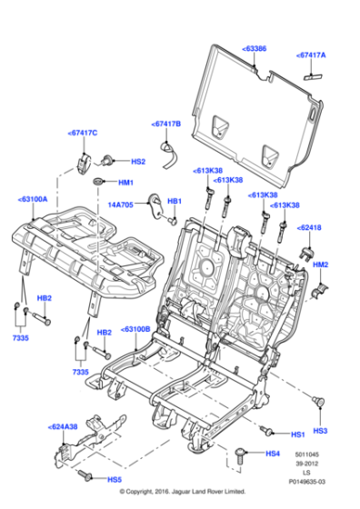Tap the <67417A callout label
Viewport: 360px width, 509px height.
click(313, 55)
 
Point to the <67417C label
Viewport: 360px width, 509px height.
click(83, 134)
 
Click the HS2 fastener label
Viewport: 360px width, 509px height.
click(138, 162)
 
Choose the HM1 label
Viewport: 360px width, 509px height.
click(125, 183)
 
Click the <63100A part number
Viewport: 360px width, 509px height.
click(33, 197)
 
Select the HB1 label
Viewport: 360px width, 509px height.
click(175, 201)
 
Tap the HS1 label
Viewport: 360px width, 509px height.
click(297, 434)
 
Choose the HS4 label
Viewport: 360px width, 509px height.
click(273, 454)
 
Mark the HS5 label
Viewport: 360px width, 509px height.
click(115, 479)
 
